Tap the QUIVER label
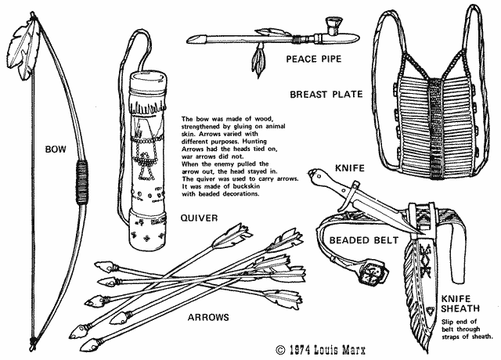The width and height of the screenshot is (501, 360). pyautogui.click(x=200, y=218)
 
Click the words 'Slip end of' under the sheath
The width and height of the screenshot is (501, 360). pyautogui.click(x=457, y=322)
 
